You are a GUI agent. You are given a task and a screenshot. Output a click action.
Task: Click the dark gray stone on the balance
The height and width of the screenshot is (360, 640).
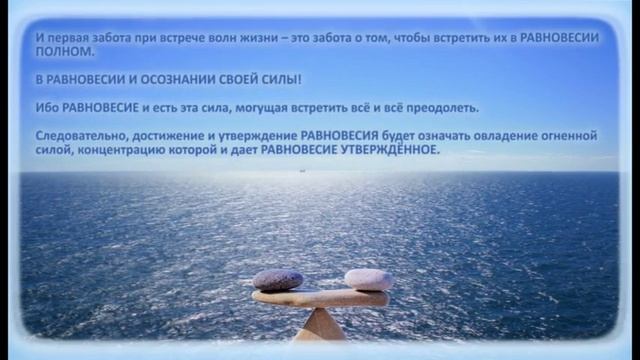coord(278,279)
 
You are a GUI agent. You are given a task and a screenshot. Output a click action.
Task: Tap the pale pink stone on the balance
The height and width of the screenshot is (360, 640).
coord(367,279)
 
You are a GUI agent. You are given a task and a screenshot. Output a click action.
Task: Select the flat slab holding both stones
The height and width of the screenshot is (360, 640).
coord(320,297)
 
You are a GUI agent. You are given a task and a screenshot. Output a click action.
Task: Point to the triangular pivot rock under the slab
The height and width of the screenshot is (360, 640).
coord(320,325)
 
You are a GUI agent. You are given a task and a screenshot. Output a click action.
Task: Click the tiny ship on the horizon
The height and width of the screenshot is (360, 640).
coord(297,170)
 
